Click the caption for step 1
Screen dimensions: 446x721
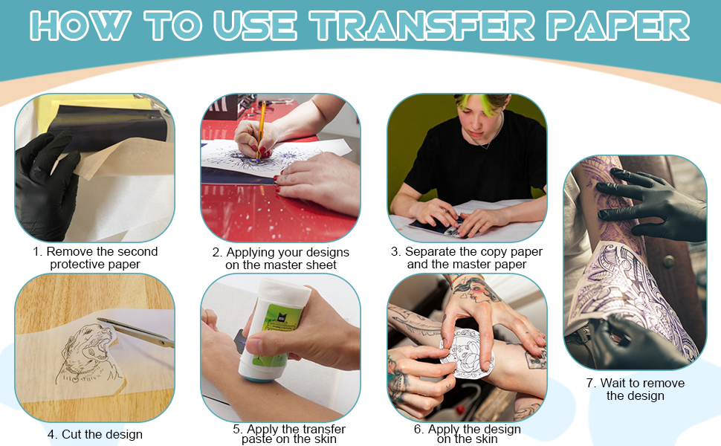coord(95,258)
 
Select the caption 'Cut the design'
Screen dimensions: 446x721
coord(95,434)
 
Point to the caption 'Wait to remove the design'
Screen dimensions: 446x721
coord(635,390)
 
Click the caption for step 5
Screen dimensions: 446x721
coord(282,434)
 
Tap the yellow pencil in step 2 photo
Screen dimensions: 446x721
coord(262,130)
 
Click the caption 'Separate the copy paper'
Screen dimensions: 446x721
coord(467,258)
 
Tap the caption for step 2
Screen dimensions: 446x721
coord(281,258)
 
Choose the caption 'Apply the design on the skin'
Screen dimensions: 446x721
coord(467,434)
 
